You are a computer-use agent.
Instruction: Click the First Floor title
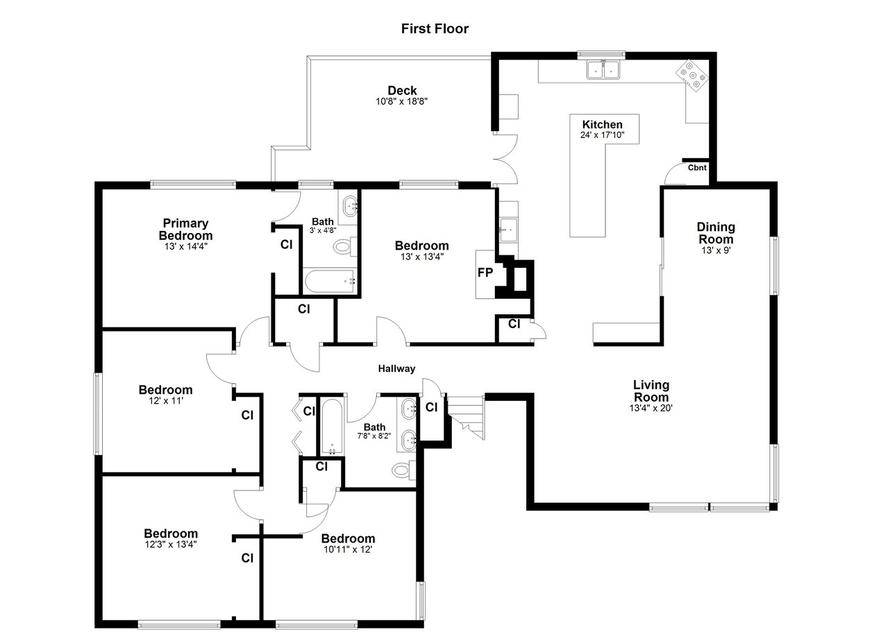pos(435,28)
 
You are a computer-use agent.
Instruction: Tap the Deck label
pos(402,91)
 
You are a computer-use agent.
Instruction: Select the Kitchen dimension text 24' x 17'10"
pos(602,135)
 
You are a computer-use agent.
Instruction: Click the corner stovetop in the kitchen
pos(692,76)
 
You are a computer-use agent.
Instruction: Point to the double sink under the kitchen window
pos(603,70)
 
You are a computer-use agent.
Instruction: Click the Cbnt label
pos(697,168)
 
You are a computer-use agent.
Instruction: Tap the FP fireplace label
pos(485,273)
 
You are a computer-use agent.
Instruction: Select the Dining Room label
pos(716,233)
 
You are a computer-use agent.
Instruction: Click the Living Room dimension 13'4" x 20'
pos(651,408)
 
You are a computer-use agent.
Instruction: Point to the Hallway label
pos(396,368)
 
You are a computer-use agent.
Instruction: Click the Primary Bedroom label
pos(185,230)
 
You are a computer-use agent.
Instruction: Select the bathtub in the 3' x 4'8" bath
pos(330,281)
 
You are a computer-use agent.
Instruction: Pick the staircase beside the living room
pos(466,418)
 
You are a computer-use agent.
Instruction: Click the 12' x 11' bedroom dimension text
pos(166,401)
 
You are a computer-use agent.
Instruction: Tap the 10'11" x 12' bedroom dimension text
pos(348,549)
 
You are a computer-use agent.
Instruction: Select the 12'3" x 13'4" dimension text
pos(171,545)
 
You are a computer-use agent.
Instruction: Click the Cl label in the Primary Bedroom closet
pos(287,245)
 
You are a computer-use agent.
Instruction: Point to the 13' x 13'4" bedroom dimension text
pos(422,257)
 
